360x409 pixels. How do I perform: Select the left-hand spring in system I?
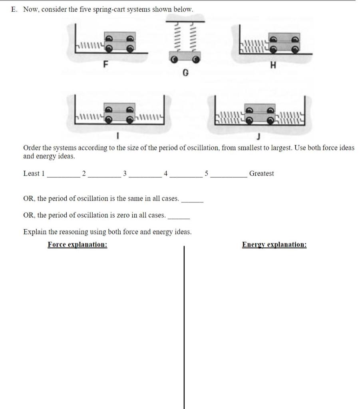(90, 117)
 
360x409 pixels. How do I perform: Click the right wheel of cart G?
(195, 59)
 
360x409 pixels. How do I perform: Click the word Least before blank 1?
(32, 173)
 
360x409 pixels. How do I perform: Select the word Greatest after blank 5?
(261, 173)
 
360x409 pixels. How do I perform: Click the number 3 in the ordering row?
(125, 173)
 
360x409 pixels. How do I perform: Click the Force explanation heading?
(77, 244)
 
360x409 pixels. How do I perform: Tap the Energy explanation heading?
(274, 244)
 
